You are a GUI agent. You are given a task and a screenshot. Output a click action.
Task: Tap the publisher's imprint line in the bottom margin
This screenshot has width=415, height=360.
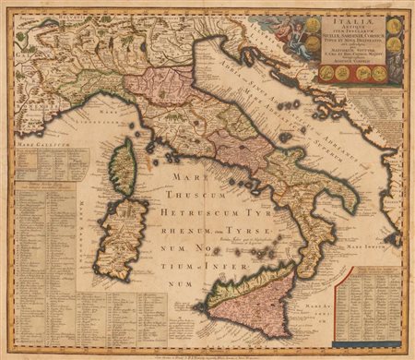tap(207, 350)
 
